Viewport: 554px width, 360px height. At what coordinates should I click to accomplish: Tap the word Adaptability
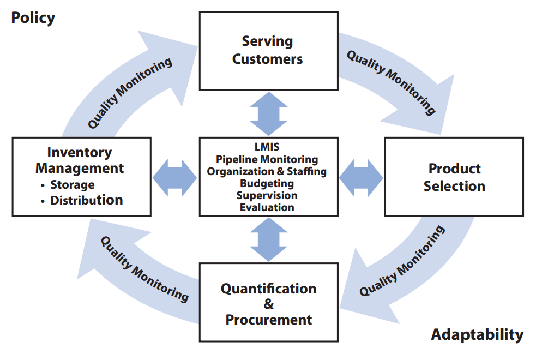(x=477, y=335)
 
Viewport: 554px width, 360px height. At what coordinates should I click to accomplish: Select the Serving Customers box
(x=268, y=51)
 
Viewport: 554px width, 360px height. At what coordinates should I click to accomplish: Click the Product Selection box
(x=454, y=177)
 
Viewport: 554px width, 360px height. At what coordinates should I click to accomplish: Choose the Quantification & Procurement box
(x=268, y=302)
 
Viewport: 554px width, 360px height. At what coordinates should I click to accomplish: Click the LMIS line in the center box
(x=267, y=147)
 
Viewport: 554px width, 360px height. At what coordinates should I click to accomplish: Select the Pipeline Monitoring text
(x=267, y=159)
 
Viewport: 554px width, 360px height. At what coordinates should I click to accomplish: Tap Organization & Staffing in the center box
(x=267, y=171)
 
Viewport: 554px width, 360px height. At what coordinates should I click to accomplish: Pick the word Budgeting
(x=267, y=184)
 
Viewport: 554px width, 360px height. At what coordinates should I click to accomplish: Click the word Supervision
(x=267, y=195)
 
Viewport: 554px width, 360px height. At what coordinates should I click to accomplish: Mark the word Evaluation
(x=267, y=207)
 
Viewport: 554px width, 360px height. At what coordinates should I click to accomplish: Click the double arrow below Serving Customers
(x=268, y=114)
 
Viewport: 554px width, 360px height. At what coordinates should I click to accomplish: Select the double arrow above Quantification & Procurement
(x=268, y=239)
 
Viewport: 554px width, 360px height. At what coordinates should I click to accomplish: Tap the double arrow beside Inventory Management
(x=175, y=178)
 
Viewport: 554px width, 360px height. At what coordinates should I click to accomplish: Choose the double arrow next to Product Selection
(x=361, y=178)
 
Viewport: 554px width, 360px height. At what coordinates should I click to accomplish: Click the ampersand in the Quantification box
(x=268, y=304)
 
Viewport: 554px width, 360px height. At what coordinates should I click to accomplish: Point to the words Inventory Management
(x=80, y=160)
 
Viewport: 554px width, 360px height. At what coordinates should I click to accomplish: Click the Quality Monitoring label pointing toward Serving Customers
(x=130, y=93)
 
